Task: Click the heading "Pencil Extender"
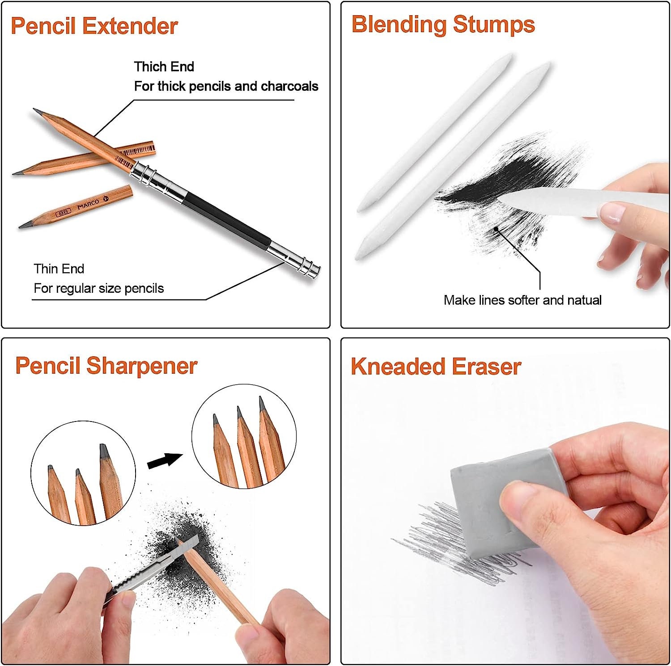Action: [x=94, y=26]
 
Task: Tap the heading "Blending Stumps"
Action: [x=443, y=24]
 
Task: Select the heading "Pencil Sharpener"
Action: [x=106, y=366]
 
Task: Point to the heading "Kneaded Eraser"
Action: [x=436, y=367]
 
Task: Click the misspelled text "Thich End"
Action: [x=164, y=67]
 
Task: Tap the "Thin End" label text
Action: [x=59, y=269]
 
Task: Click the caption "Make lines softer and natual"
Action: [x=522, y=300]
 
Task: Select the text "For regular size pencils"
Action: [x=98, y=288]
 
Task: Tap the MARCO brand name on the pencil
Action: [x=88, y=205]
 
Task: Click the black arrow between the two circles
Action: [x=165, y=460]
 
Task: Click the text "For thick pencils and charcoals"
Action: [x=226, y=86]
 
